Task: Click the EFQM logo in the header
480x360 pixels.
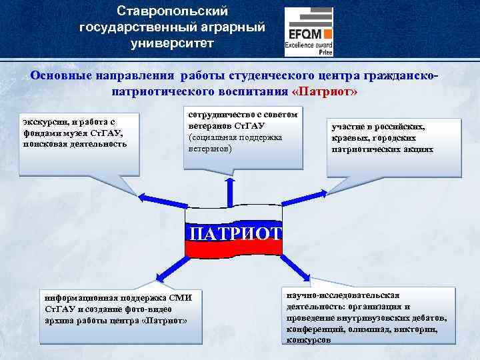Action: click(x=309, y=31)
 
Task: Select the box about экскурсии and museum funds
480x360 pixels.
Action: click(x=78, y=140)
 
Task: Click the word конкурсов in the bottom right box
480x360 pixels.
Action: click(x=307, y=340)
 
